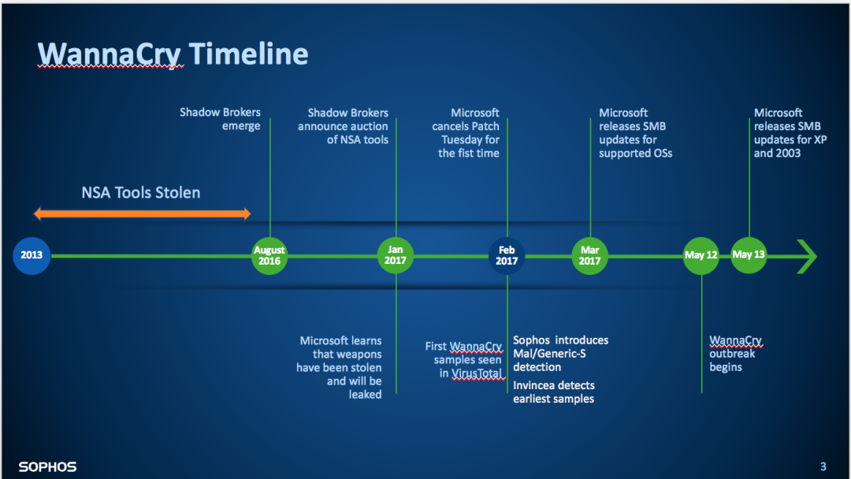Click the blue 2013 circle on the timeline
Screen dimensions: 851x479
pos(32,255)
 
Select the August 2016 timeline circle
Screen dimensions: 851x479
pos(269,255)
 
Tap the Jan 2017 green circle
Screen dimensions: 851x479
pos(395,255)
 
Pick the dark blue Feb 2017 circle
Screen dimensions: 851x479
pos(507,255)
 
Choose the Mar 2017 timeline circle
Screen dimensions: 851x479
pos(590,255)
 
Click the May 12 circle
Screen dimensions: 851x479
pos(701,255)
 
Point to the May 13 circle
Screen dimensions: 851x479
pos(749,255)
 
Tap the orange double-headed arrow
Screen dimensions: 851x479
pos(142,214)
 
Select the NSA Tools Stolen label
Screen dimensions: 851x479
pos(140,192)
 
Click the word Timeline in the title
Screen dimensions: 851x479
pos(248,54)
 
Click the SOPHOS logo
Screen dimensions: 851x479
pos(48,466)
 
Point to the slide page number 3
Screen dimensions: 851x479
pos(823,466)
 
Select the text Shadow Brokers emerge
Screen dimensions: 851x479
pos(220,119)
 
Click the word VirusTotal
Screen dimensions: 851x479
pos(477,373)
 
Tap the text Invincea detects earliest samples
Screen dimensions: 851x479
pos(554,392)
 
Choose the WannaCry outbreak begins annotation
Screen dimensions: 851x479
pos(735,354)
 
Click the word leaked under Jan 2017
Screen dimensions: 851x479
pos(365,395)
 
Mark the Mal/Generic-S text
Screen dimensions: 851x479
pos(549,354)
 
